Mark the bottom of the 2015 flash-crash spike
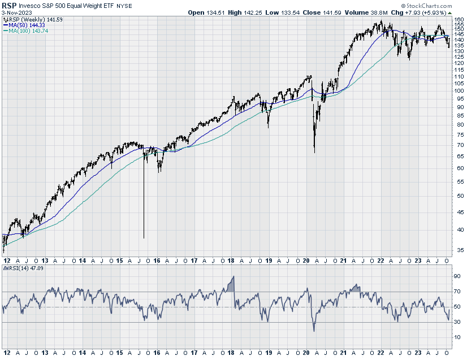pos(144,237)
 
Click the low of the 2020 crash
pos(314,152)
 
